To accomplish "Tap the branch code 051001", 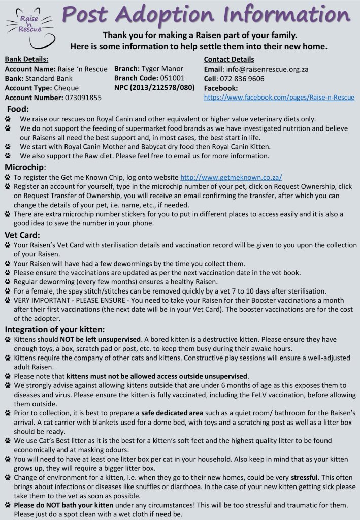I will point(169,78).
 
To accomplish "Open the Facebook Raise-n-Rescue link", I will point(279,97).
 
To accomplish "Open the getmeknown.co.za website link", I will point(232,178).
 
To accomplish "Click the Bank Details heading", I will point(26,59).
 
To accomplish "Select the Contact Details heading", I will point(228,59).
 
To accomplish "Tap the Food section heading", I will point(18,109).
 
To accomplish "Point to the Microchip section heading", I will point(25,167).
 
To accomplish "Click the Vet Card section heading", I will point(22,235).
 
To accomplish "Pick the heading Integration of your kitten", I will point(55,329).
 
